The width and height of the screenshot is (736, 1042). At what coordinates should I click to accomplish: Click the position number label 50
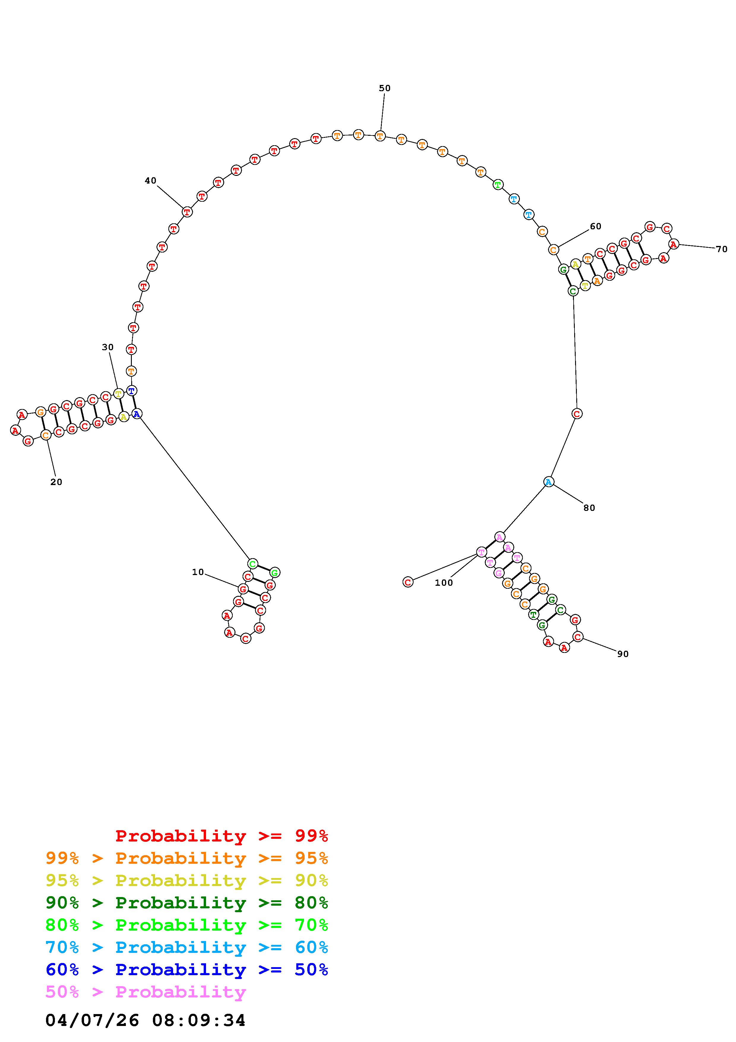[384, 88]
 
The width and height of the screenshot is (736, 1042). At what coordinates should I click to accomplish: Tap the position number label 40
[151, 181]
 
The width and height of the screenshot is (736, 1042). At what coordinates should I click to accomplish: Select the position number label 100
[444, 583]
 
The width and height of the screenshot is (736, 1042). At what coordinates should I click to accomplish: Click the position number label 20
[56, 482]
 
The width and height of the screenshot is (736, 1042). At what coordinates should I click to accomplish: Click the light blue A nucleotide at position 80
[549, 482]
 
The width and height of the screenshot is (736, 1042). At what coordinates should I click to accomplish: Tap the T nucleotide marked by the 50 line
[380, 136]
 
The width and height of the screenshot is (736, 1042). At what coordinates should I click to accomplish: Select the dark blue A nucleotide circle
[137, 414]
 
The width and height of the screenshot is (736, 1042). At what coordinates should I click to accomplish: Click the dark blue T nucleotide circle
[131, 390]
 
